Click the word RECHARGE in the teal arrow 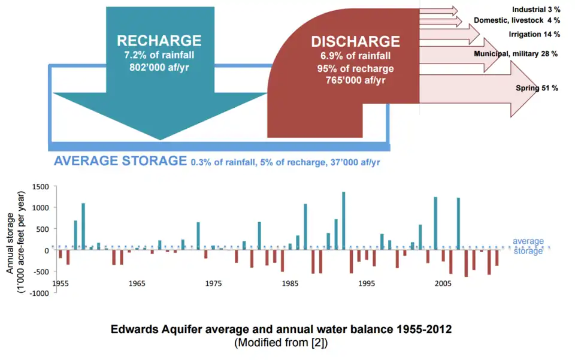coord(159,41)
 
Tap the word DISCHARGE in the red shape coord(355,41)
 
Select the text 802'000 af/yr coord(159,67)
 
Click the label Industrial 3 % coord(536,10)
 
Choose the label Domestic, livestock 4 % coord(517,20)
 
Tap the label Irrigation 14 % coord(534,34)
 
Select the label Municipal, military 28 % coord(516,54)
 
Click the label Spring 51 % coord(537,88)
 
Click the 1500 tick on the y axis coord(40,187)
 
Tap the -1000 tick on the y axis coord(38,293)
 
